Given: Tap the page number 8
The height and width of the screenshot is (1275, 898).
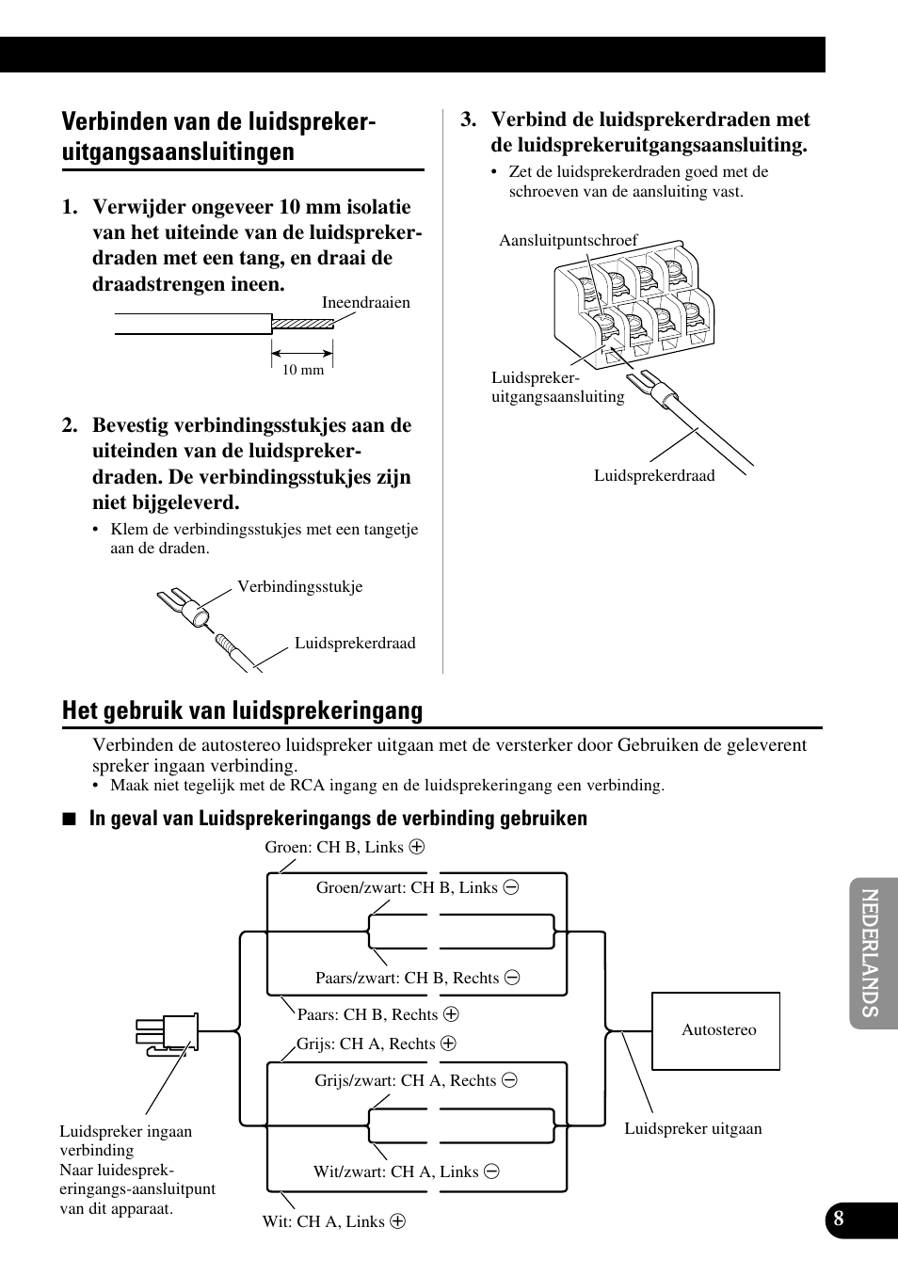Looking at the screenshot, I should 838,1219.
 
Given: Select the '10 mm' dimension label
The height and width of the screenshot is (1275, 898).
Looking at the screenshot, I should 303,370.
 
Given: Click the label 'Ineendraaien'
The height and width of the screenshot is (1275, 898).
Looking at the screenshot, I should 366,303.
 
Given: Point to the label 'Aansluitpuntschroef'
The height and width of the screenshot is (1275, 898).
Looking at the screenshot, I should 568,241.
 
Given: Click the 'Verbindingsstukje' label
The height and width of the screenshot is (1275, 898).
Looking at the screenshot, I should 299,587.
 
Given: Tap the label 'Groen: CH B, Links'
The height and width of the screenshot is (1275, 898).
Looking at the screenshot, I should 334,847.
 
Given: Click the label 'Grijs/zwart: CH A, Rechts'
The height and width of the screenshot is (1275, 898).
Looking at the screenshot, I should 406,1080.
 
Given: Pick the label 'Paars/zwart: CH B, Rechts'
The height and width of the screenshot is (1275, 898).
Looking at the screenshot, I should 408,978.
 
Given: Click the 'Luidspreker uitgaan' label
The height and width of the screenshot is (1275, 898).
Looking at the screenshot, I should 693,1129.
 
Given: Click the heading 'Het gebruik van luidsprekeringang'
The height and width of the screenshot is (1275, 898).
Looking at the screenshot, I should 242,710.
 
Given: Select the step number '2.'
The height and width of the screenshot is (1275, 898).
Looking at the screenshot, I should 70,425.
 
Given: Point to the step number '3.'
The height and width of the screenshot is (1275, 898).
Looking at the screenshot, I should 468,120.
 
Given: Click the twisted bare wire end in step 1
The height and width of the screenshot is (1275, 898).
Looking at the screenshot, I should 302,324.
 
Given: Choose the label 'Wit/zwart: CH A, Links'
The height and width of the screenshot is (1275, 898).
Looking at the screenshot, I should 396,1171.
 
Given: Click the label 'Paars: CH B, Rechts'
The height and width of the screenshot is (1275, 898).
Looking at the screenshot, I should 368,1014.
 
